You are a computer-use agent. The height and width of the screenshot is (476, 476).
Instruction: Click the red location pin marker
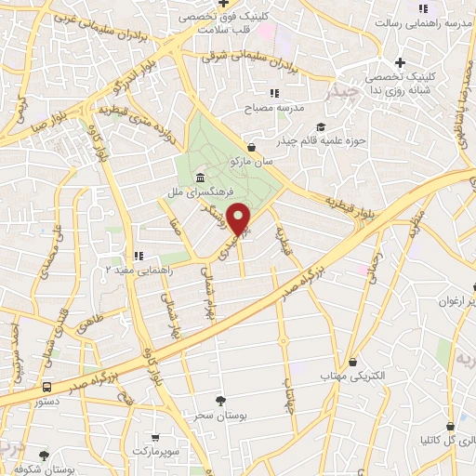coord(240,218)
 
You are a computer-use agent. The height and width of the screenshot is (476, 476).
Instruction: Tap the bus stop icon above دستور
coord(46,386)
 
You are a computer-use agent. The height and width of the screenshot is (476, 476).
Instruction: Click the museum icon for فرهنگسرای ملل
coord(199,178)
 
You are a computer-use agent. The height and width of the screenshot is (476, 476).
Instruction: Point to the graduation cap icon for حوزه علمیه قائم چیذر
coord(321,127)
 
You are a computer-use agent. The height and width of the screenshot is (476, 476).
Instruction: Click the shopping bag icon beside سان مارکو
coord(252,147)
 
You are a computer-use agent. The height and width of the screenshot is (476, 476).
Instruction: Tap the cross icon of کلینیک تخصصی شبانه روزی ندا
coord(400,62)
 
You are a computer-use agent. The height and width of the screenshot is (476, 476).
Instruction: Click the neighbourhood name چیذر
coord(342,94)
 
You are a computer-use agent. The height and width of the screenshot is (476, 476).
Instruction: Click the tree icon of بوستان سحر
coord(219,401)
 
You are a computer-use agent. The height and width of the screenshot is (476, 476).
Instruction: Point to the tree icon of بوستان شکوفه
coord(44,454)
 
